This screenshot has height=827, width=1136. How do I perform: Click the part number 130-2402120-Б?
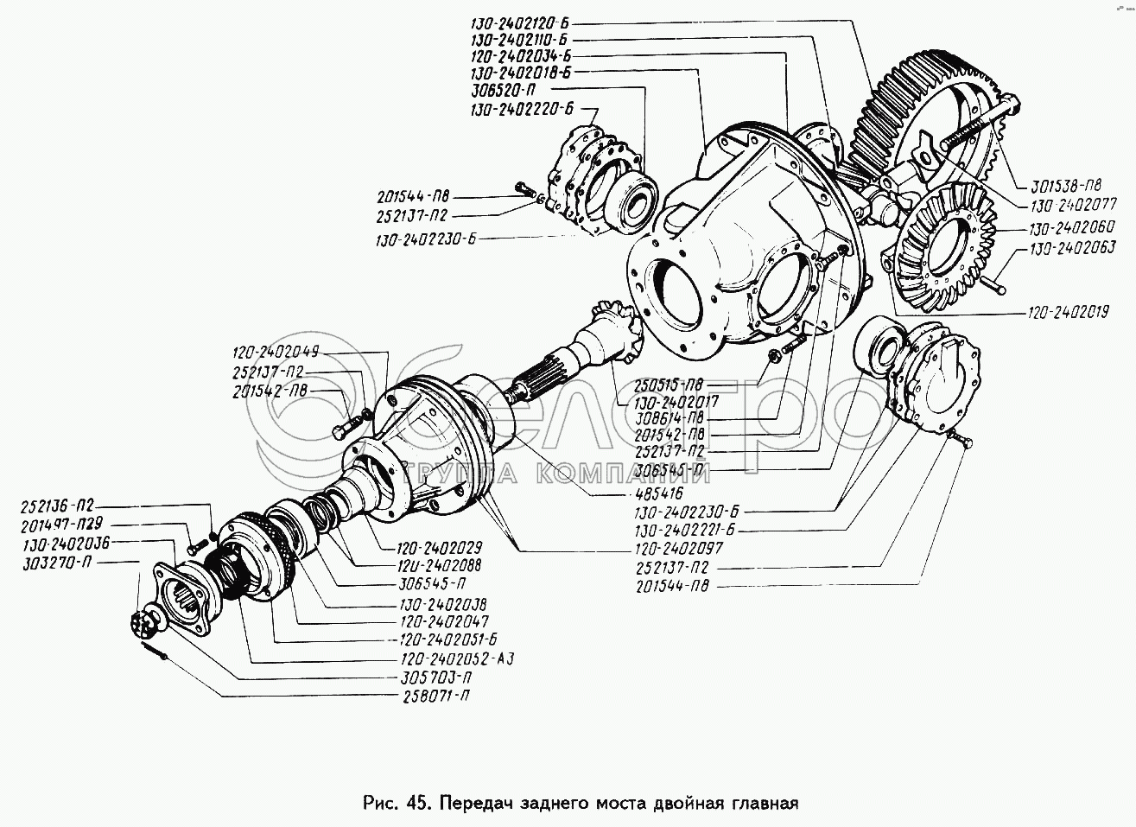pos(523,23)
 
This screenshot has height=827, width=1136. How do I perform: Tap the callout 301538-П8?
pos(1066,184)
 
